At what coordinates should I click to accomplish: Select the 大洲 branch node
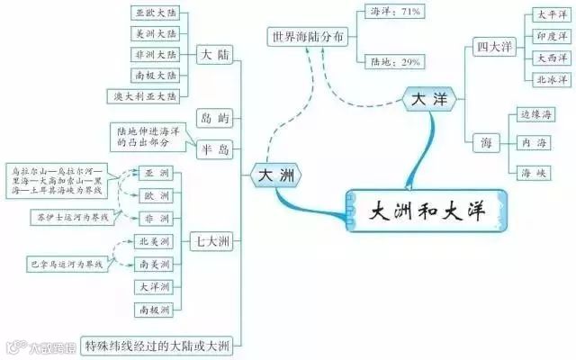click(276, 173)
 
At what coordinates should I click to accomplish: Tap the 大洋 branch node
click(427, 99)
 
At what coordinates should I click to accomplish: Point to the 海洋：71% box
click(397, 13)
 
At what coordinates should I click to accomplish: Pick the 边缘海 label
click(536, 114)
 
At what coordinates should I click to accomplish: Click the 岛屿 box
click(213, 118)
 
